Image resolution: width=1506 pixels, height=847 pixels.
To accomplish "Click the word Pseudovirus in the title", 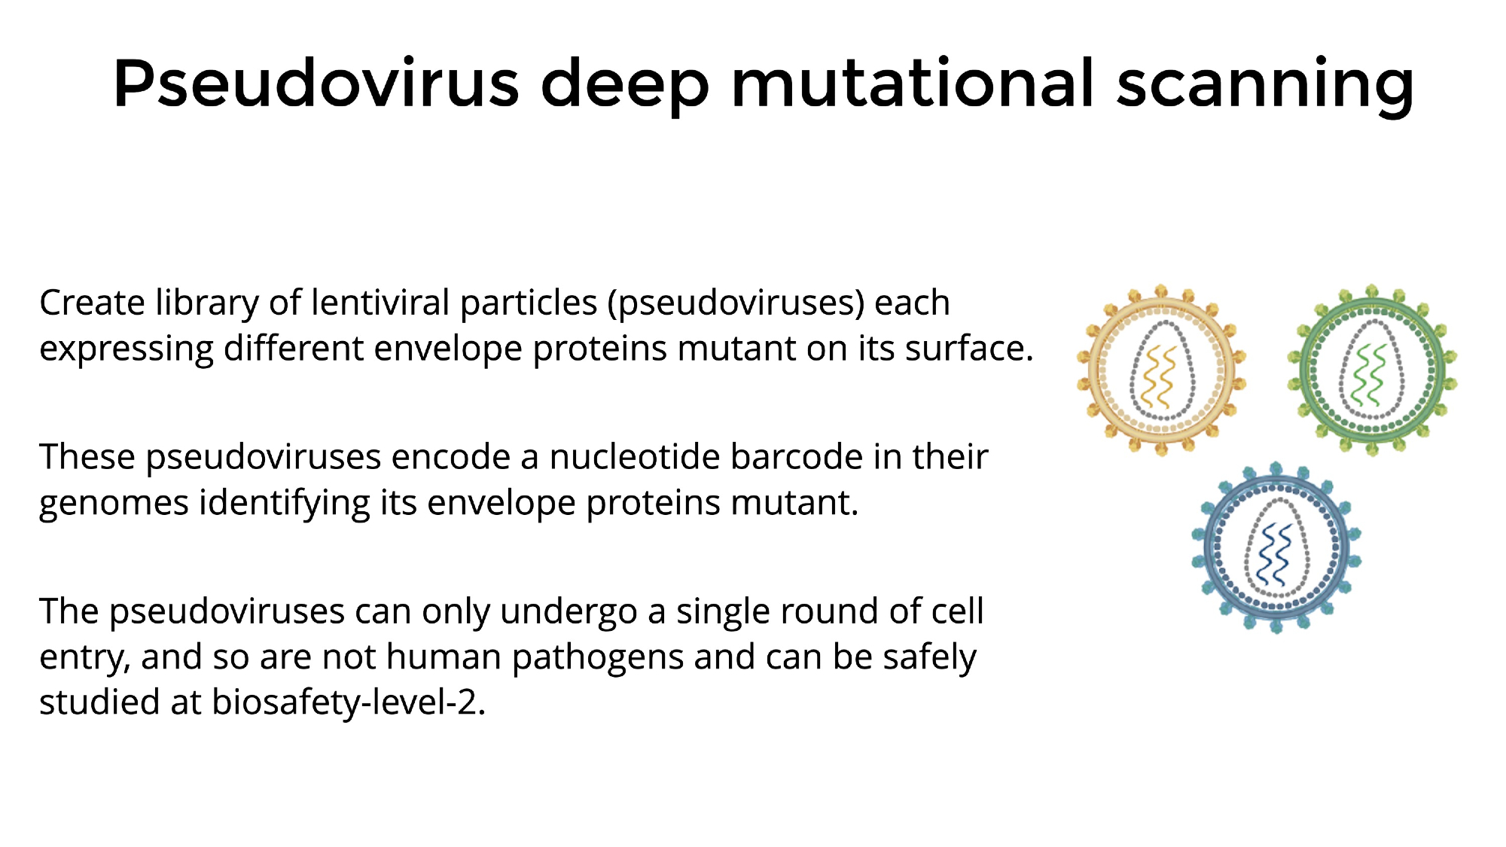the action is [x=316, y=83].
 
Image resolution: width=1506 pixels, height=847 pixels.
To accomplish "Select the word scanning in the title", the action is [x=1265, y=87].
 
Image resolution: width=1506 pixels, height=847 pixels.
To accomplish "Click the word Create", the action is [x=92, y=303].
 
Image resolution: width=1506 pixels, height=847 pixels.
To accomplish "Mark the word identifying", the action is [x=285, y=504].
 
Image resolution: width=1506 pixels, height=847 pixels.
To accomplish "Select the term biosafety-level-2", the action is [x=349, y=702].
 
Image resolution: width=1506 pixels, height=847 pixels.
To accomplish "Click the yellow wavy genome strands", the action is [x=1159, y=377].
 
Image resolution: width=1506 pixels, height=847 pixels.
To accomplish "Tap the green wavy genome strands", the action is [x=1370, y=376].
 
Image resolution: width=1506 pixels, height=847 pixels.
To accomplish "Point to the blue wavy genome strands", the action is [x=1275, y=555].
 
